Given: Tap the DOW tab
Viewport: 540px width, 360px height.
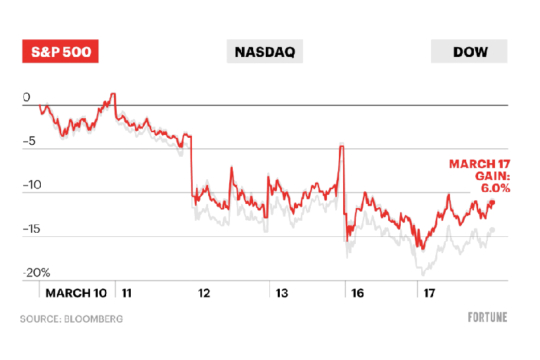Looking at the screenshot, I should [470, 52].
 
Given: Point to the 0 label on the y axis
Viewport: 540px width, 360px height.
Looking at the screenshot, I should [26, 98].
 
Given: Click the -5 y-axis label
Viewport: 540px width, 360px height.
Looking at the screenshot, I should [29, 142].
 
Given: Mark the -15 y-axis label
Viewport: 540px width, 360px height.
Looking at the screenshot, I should [32, 229].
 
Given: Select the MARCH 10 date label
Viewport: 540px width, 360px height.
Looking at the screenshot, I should [76, 292].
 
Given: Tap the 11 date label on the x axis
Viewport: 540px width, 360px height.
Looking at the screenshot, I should [127, 292].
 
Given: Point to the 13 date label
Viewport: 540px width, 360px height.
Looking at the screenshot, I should [281, 292].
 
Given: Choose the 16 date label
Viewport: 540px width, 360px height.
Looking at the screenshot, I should [357, 292].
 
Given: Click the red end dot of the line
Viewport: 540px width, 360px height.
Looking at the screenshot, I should [492, 203].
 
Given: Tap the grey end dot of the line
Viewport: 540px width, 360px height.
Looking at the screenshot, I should [492, 230].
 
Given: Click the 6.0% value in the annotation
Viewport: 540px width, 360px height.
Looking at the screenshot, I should [496, 188].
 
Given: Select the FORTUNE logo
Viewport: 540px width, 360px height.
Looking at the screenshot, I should [487, 317].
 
